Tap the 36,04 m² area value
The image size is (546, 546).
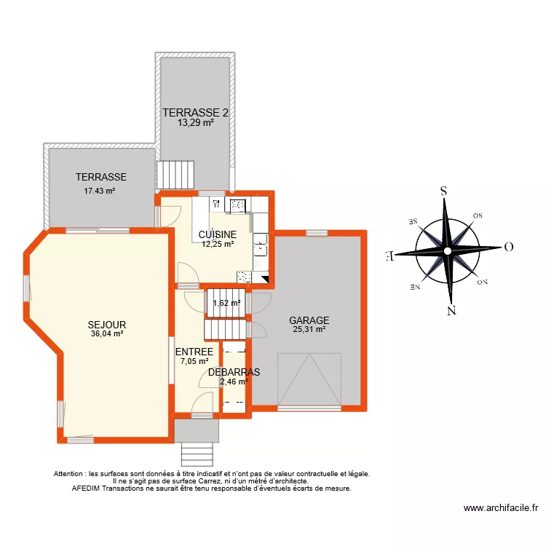click(107, 334)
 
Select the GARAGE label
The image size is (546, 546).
click(309, 320)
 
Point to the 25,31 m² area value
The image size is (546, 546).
click(309, 330)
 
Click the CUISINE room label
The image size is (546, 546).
click(217, 234)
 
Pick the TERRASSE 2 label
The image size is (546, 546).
click(195, 113)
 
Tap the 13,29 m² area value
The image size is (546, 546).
click(195, 123)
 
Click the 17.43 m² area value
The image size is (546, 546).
click(101, 191)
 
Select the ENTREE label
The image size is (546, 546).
click(194, 352)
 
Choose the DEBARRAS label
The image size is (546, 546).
click(234, 371)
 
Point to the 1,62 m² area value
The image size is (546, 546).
click(226, 304)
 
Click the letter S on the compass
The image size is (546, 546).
click(443, 191)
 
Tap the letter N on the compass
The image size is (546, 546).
click(451, 311)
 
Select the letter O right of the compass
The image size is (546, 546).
click(508, 247)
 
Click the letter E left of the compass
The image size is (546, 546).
click(389, 256)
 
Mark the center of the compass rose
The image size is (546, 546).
click(448, 252)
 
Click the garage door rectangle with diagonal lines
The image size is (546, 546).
click(309, 379)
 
